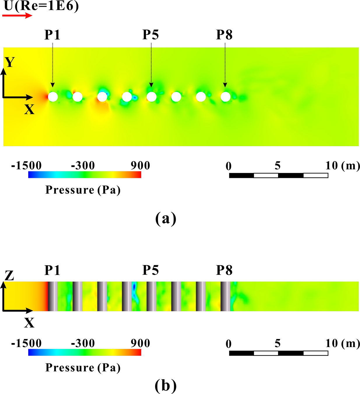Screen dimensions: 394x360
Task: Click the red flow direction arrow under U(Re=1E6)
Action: [17, 15]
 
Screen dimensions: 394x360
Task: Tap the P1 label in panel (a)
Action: [52, 35]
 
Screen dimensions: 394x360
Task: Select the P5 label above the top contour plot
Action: [150, 35]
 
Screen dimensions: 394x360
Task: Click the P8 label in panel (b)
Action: [224, 270]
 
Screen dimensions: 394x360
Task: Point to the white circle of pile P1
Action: [53, 97]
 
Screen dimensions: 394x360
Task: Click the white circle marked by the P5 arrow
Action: [151, 97]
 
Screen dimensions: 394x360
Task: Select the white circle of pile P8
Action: [225, 97]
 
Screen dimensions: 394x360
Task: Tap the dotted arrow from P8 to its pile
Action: [225, 64]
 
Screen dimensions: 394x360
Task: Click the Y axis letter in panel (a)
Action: [10, 62]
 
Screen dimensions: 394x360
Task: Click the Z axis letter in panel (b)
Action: [10, 275]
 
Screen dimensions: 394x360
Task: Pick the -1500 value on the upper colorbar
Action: [27, 166]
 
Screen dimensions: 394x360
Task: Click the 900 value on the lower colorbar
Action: [140, 343]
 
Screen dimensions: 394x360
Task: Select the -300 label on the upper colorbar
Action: [83, 166]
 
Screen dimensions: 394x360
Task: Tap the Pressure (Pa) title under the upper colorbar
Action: [83, 190]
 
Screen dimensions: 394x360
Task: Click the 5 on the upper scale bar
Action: [278, 166]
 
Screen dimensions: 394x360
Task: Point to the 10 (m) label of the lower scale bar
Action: [343, 343]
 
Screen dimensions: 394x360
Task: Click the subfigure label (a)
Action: [166, 219]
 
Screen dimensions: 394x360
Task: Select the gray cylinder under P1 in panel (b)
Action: [53, 296]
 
